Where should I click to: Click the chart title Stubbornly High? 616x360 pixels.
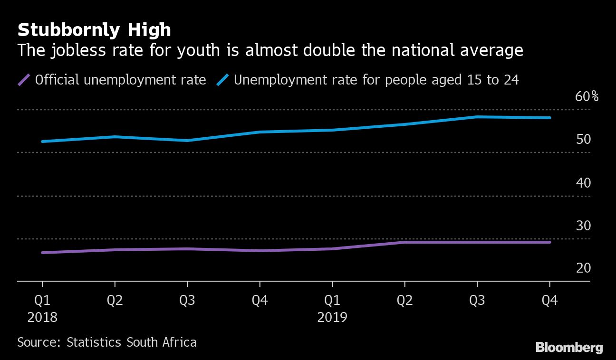[x=94, y=30]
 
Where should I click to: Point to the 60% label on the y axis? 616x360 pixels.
[x=587, y=97]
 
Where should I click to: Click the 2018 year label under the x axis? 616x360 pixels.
[x=42, y=317]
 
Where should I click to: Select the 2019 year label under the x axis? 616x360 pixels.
[x=332, y=317]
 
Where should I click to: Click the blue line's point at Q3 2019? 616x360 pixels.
[x=477, y=117]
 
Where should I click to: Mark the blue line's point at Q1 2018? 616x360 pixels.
[x=43, y=142]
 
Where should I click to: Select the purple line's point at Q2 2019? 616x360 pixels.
[x=404, y=242]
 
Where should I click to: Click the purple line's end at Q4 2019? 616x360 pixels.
[x=549, y=242]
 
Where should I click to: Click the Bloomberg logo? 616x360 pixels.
[x=569, y=348]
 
